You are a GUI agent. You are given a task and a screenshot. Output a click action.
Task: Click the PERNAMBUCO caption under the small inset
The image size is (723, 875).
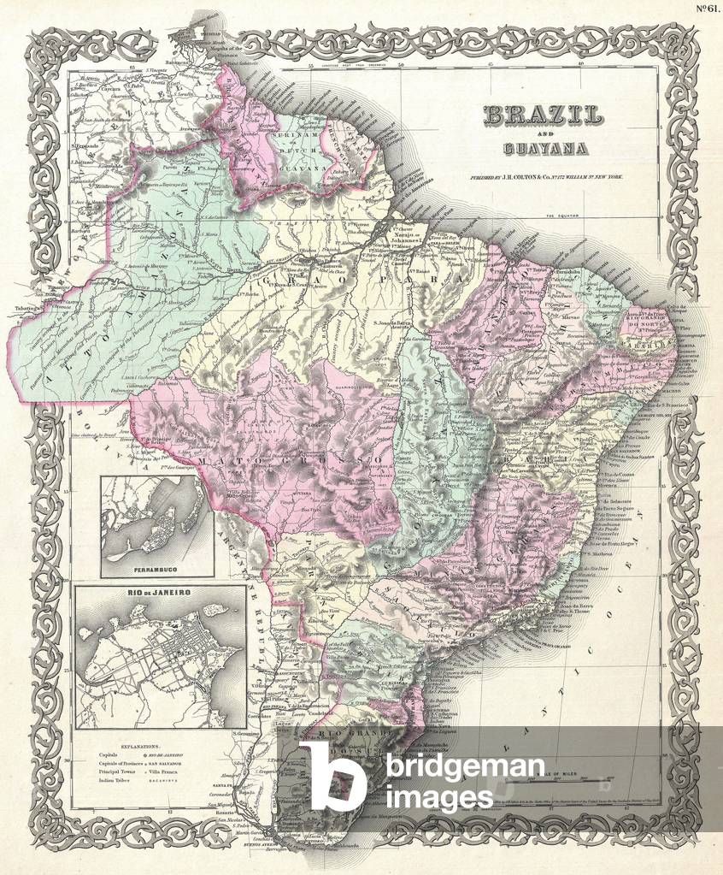point(156,567)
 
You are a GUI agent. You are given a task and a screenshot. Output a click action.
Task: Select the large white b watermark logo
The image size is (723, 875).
point(338,775)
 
